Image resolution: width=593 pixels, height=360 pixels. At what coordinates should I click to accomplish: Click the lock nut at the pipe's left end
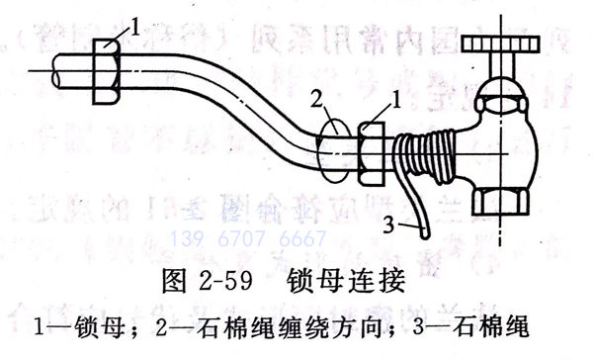coord(106,71)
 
